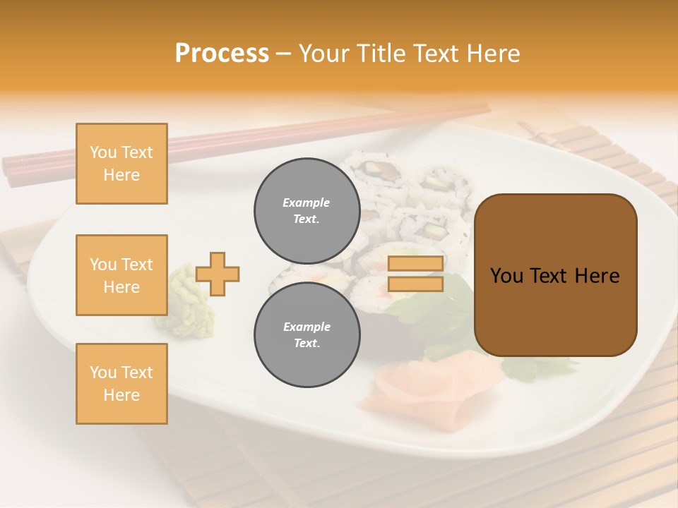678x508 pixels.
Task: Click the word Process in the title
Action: click(222, 54)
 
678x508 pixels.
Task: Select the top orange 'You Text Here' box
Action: click(121, 164)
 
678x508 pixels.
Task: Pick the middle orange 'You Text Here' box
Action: click(121, 275)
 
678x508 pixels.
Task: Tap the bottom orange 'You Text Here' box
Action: click(121, 384)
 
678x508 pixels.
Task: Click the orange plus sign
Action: click(218, 274)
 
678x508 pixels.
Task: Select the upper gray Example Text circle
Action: click(307, 210)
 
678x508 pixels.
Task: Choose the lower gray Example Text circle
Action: click(307, 334)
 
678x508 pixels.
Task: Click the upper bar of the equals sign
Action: click(415, 264)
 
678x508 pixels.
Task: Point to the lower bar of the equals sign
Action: click(415, 284)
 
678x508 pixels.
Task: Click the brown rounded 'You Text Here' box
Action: click(555, 275)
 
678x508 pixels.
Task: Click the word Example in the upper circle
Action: click(306, 202)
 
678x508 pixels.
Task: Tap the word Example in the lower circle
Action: click(307, 327)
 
